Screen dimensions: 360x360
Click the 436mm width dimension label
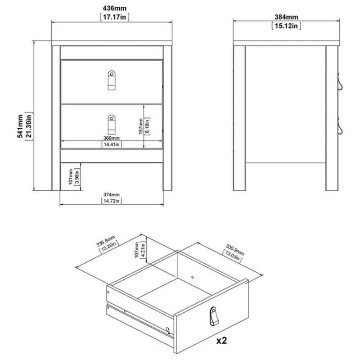(x=114, y=8)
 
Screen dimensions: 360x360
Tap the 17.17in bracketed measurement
(x=114, y=17)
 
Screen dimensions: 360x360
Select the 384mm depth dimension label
(x=286, y=17)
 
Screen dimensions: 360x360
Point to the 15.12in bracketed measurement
(x=286, y=26)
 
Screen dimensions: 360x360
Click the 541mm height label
(x=20, y=126)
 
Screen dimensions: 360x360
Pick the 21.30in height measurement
(x=29, y=126)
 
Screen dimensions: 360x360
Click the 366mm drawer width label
(x=111, y=138)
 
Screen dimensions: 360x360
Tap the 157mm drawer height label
(x=141, y=126)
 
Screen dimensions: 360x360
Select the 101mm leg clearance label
(x=71, y=176)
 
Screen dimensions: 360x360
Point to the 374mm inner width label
(x=111, y=194)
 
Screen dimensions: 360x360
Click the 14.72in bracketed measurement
(x=111, y=201)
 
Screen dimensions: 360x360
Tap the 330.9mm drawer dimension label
(x=234, y=250)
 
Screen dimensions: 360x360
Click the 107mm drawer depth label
(x=137, y=250)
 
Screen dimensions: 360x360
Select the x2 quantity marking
(x=221, y=341)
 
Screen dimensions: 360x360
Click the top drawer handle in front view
(x=112, y=80)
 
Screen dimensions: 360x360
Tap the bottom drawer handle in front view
(x=112, y=124)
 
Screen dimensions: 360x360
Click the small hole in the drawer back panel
(x=193, y=277)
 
